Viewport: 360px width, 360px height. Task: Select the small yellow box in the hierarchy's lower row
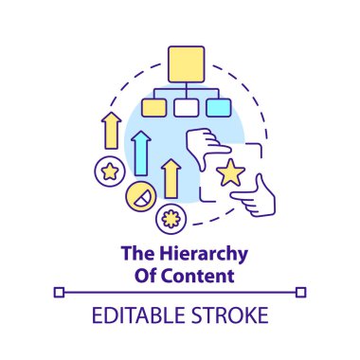(x=152, y=107)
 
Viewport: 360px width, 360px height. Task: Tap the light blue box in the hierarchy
(x=218, y=107)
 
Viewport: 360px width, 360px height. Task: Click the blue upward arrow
(x=141, y=152)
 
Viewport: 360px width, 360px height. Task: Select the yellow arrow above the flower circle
(x=171, y=179)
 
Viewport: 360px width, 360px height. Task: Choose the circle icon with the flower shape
(x=171, y=217)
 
